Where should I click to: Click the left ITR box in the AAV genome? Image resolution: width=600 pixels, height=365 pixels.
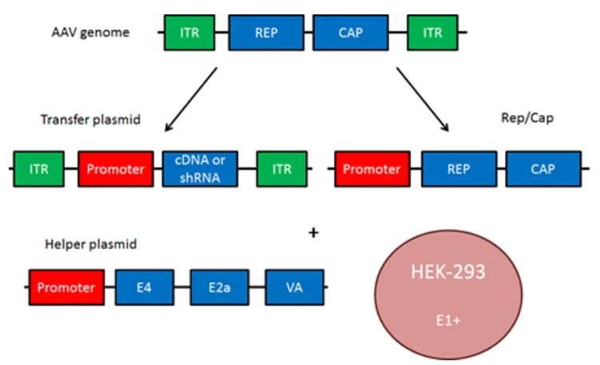(x=189, y=34)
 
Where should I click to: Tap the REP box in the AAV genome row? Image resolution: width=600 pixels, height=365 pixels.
(x=266, y=34)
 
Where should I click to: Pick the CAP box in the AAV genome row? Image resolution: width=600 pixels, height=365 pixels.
(x=351, y=34)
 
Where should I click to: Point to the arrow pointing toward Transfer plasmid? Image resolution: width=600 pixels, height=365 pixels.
(x=190, y=99)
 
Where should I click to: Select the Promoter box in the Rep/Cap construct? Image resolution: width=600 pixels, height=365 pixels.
(x=372, y=169)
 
